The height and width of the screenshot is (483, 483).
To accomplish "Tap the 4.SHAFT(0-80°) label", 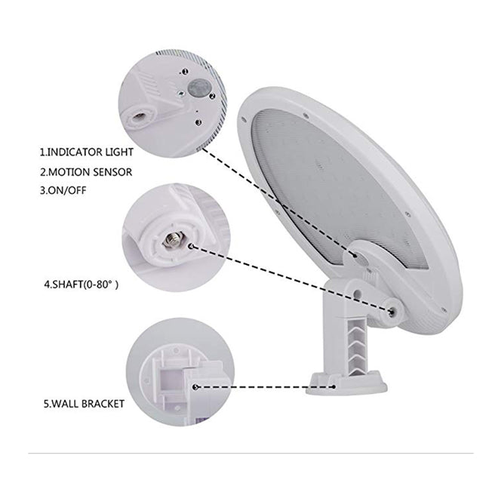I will coord(82,285).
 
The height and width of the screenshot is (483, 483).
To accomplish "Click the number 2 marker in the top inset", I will coord(214,96).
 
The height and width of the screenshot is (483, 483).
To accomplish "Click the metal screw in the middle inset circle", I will coord(171,242).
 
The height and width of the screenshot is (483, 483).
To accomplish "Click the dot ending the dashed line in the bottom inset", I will coord(195,386).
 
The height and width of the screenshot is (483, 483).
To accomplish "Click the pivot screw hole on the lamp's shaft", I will coord(392,310).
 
